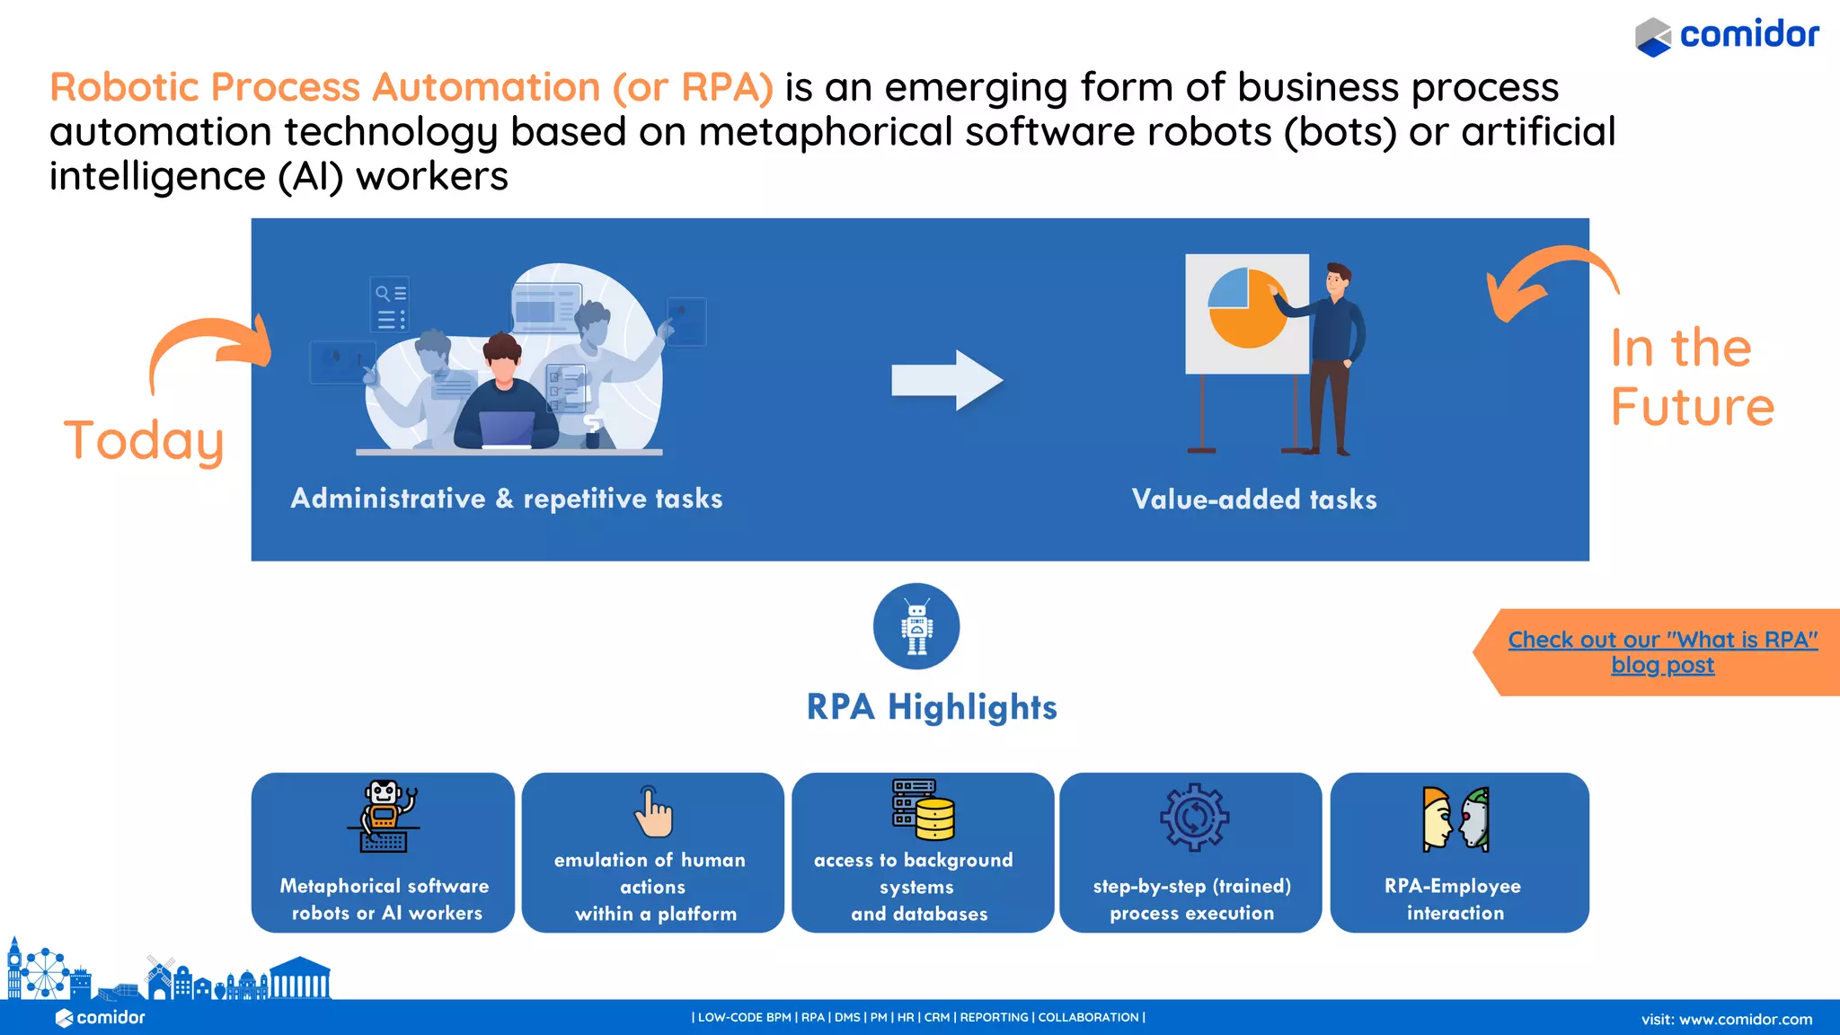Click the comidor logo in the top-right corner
tap(1727, 36)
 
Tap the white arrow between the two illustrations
tap(946, 380)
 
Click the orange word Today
tap(144, 440)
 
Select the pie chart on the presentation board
tap(1248, 307)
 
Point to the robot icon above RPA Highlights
tap(916, 626)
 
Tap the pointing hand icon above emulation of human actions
tap(654, 812)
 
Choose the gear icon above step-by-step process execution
tap(1194, 817)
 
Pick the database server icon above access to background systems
tap(923, 809)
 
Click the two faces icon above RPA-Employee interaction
tap(1456, 818)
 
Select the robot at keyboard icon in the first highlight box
tap(385, 816)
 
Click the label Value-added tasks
tap(1254, 500)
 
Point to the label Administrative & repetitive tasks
tap(507, 499)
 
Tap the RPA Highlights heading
tap(932, 707)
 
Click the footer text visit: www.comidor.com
tap(1726, 1020)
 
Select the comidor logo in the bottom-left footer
tap(101, 1018)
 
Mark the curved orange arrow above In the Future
tap(1550, 279)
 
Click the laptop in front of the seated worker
tap(507, 429)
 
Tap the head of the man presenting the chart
tap(1338, 279)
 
